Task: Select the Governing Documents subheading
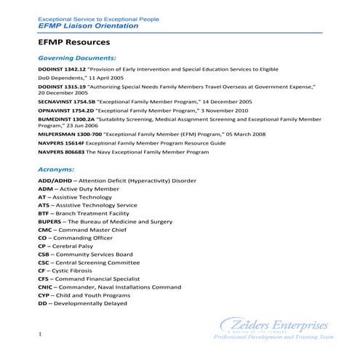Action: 76,57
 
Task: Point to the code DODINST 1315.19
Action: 61,87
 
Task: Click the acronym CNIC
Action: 45,287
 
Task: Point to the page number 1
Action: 41,333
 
